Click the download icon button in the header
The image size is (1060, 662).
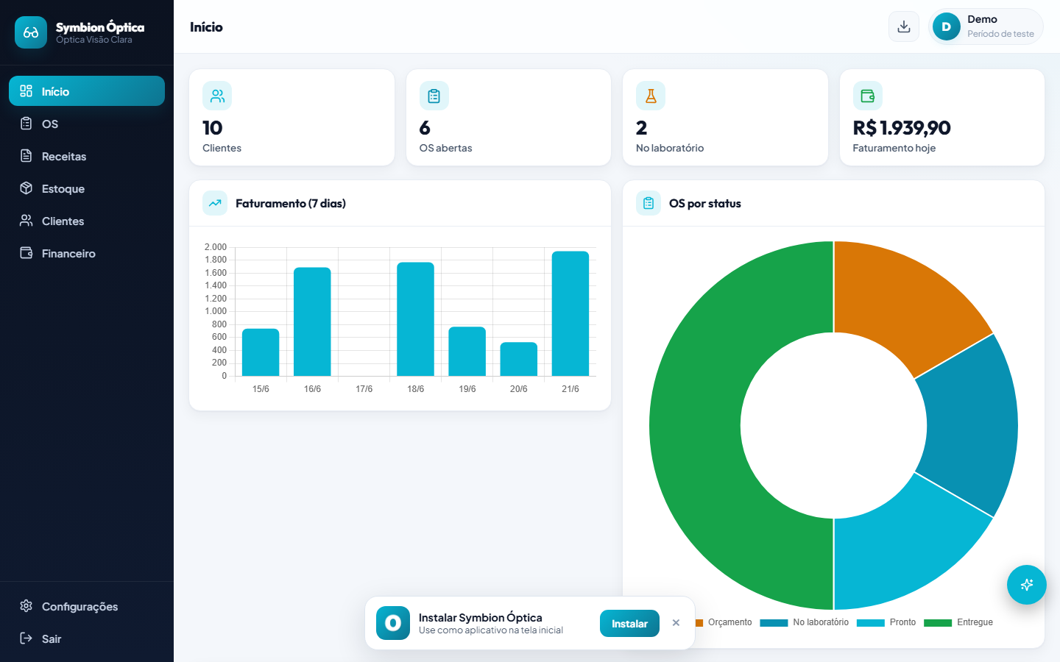(x=903, y=26)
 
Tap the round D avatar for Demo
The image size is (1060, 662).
(x=946, y=26)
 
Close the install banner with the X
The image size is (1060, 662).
(x=676, y=623)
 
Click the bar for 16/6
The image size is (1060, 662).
(x=312, y=321)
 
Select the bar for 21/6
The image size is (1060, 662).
(x=570, y=313)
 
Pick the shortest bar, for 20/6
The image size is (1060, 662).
(x=519, y=359)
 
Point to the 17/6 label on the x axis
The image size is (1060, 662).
(x=364, y=388)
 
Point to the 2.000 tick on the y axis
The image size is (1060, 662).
(x=215, y=247)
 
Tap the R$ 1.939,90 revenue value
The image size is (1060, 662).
(x=902, y=128)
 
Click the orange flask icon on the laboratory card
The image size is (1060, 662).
(x=651, y=96)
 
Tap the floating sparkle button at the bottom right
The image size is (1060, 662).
(x=1026, y=585)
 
